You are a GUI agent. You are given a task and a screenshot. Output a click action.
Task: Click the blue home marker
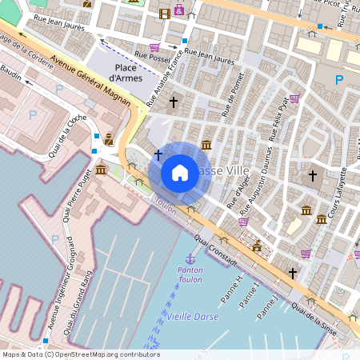point(180,173)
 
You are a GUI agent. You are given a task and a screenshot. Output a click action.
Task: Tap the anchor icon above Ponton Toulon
point(190,258)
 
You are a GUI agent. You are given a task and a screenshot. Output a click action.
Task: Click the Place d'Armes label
point(124,73)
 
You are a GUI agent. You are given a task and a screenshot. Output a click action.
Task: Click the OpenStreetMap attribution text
point(82,354)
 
